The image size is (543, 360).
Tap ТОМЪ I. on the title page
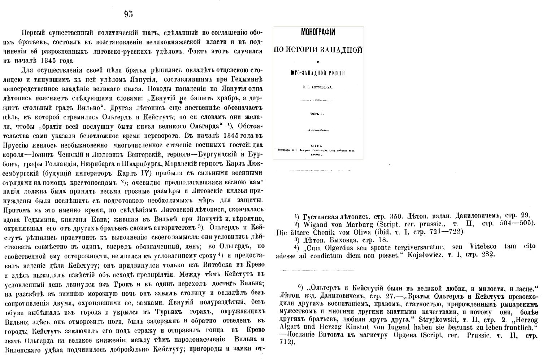point(318,114)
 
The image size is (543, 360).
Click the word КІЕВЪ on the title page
point(318,143)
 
